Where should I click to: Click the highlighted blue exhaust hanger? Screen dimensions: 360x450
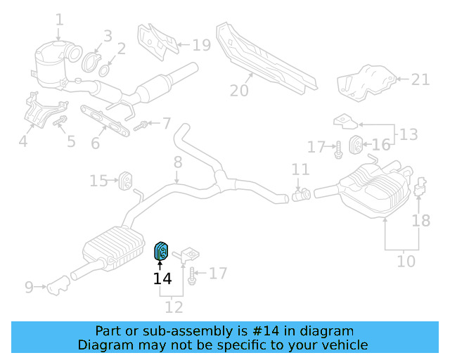coord(161,250)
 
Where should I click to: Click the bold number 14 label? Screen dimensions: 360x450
coord(162,278)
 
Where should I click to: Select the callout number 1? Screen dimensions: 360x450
coord(59,20)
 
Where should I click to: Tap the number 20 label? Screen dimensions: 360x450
coord(240,90)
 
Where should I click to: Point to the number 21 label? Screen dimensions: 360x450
coord(420,79)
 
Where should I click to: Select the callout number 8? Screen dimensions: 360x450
coord(178,162)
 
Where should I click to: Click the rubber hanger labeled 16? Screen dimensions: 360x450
coord(356,146)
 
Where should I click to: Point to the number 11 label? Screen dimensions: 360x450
coord(300,169)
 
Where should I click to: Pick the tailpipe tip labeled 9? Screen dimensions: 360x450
coord(56,287)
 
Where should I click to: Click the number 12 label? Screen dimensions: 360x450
coord(173,307)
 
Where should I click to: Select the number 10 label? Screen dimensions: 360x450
coord(406,262)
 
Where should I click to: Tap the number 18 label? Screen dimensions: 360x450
coord(420,221)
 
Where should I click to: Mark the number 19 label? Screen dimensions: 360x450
coord(201,46)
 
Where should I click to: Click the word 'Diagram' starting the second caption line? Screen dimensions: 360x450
coord(105,345)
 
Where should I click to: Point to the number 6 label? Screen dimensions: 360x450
coord(96,143)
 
